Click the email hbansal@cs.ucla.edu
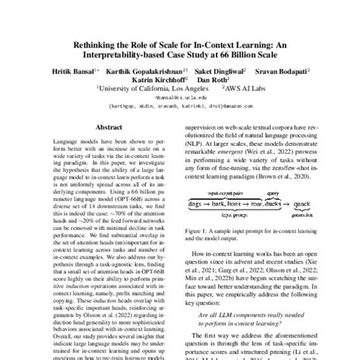pyautogui.click(x=179, y=98)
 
